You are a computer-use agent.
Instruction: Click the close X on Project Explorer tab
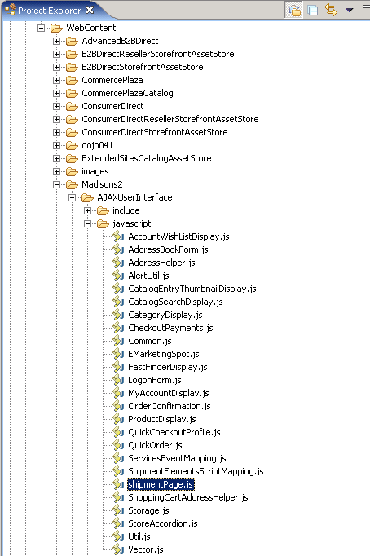coord(90,11)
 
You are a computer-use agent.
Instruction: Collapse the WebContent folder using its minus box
coord(41,28)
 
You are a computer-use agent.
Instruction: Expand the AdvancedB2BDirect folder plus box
coord(56,41)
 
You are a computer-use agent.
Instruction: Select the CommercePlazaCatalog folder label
coord(127,93)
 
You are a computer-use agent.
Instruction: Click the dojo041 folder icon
coord(72,145)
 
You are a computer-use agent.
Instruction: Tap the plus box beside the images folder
coord(56,171)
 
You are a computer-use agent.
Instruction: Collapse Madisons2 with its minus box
coord(56,184)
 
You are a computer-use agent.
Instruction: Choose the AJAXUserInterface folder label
coord(134,197)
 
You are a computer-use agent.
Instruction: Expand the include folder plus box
coord(87,210)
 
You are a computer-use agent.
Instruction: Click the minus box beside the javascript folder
coord(87,223)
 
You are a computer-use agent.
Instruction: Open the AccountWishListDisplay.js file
coord(178,236)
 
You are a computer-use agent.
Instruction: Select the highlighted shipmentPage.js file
coord(161,484)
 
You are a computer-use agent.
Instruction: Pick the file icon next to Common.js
coord(118,341)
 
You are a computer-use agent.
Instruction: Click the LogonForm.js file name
coord(155,380)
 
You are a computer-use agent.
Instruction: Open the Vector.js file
coord(146,549)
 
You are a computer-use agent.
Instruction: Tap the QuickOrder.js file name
coord(155,445)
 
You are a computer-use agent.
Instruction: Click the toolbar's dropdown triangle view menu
coord(350,11)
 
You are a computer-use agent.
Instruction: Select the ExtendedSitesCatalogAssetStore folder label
coord(147,158)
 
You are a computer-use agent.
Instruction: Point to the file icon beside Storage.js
coord(118,510)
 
